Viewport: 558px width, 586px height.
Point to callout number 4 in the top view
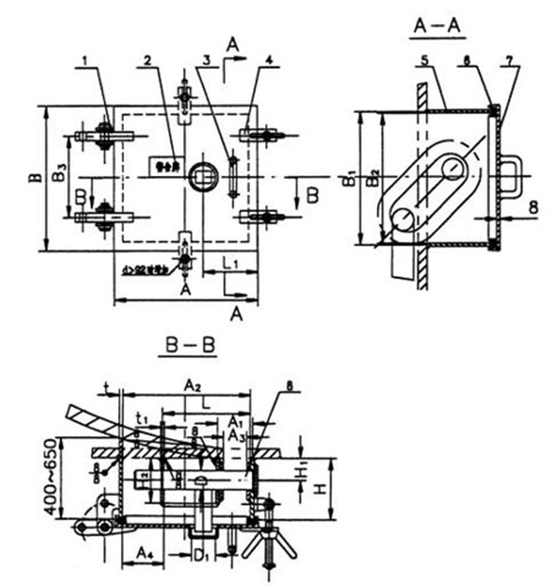click(268, 60)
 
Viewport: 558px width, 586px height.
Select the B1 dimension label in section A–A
click(346, 178)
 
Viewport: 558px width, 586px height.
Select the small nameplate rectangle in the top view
click(164, 166)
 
